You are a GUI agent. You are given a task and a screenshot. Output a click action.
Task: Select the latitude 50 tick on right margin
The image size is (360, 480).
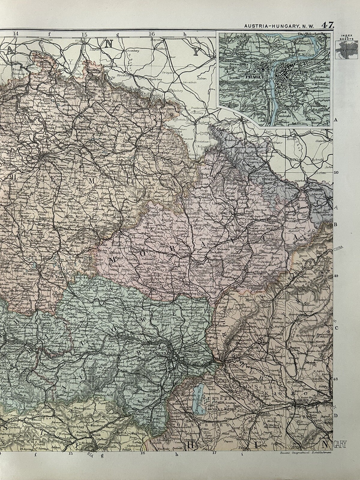(x=336, y=172)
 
